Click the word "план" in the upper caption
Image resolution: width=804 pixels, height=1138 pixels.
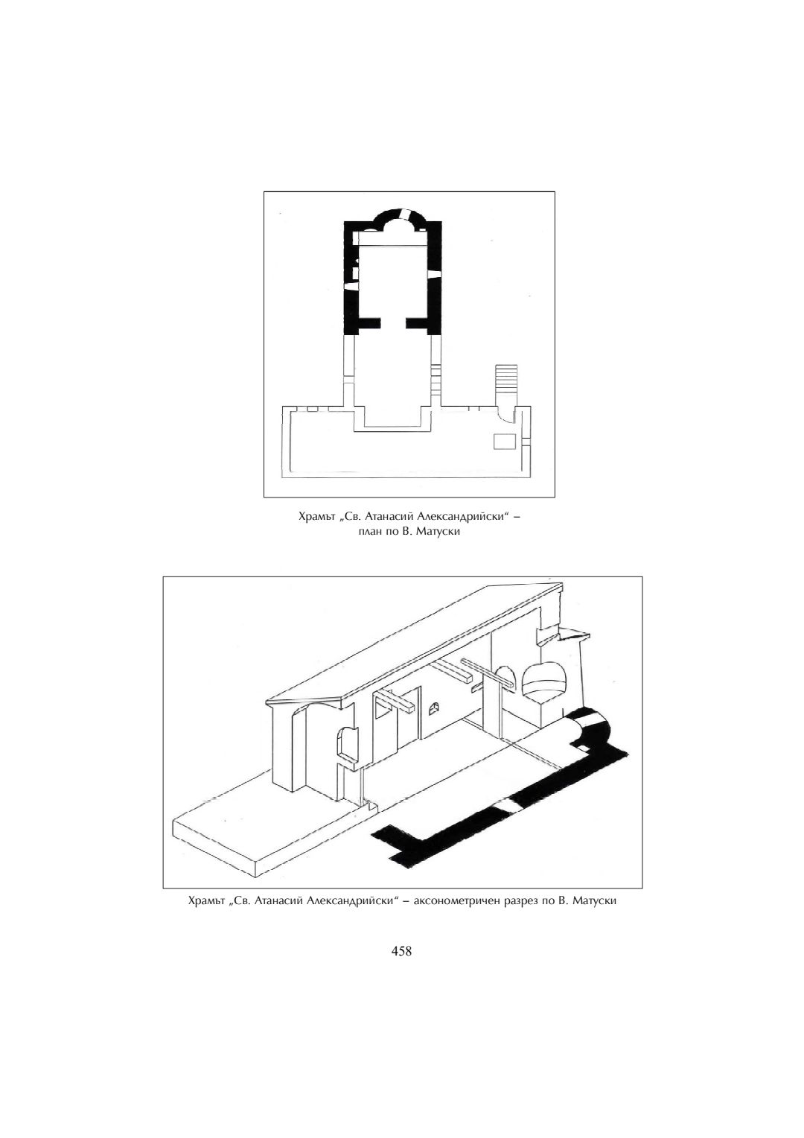[371, 534]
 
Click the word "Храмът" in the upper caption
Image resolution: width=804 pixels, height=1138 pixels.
[316, 517]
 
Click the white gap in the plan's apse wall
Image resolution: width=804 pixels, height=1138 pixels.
[409, 213]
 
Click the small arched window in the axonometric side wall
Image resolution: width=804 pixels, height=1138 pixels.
[434, 709]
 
